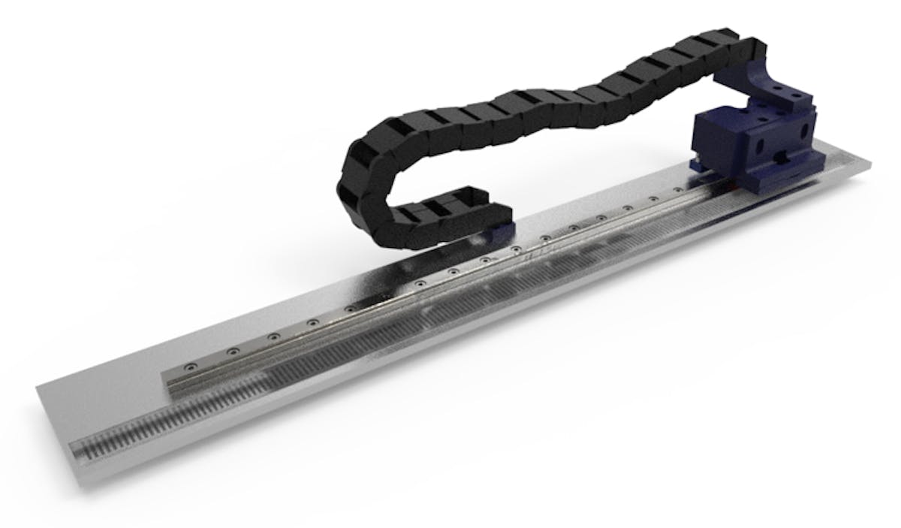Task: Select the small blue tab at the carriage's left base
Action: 695,162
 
